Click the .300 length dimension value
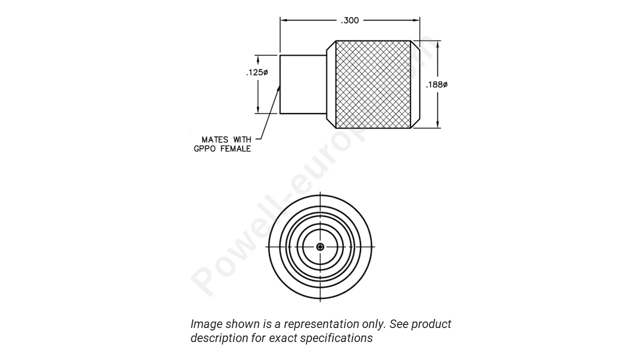[x=349, y=20]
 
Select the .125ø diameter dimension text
[x=256, y=73]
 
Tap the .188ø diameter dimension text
[x=436, y=85]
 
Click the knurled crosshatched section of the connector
[x=373, y=84]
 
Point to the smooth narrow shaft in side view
[x=302, y=84]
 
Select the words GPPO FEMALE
[x=222, y=149]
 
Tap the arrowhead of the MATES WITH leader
[x=278, y=88]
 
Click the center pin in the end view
[x=320, y=247]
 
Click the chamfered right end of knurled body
[x=415, y=84]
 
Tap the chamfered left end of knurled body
[x=330, y=84]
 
